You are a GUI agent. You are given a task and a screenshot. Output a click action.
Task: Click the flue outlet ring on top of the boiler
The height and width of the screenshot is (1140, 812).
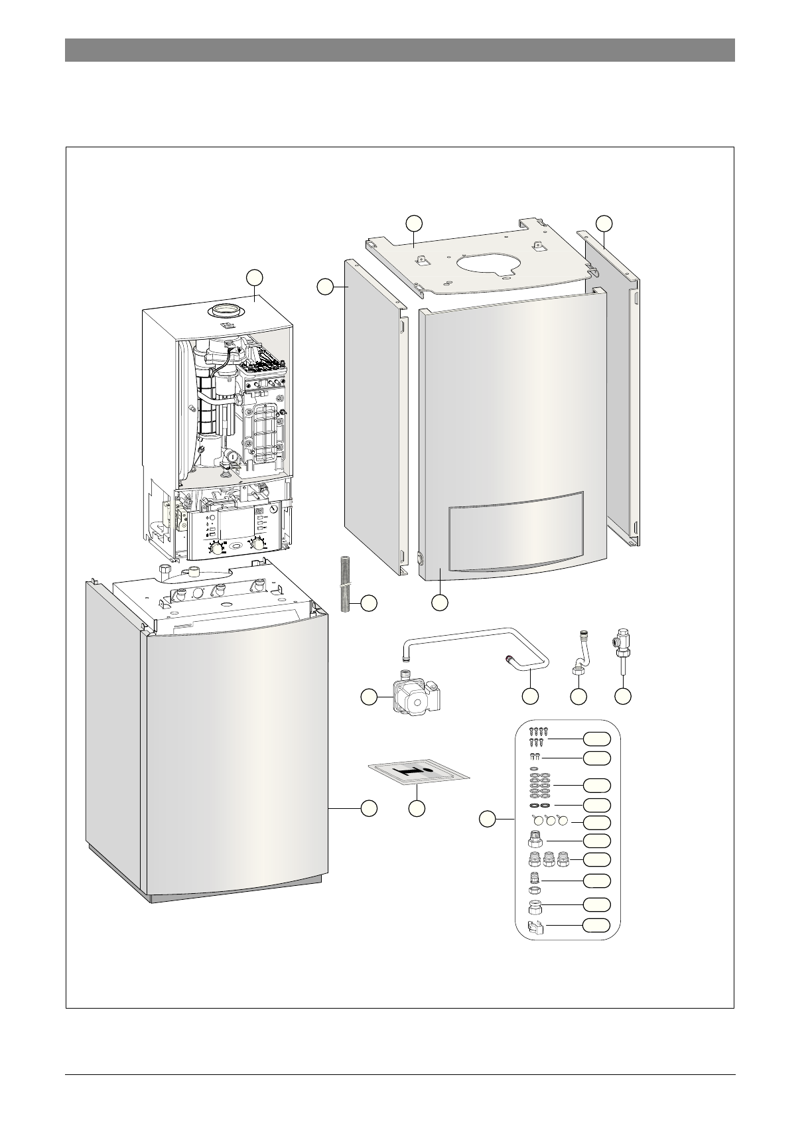coord(225,311)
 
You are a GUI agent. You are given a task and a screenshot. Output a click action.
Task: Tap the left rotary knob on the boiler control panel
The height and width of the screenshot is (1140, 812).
coord(217,547)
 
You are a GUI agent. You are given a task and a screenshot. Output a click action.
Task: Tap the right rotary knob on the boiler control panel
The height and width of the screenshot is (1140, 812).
coord(257,545)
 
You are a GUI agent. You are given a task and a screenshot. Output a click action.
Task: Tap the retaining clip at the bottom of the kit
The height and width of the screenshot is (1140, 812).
coord(535,927)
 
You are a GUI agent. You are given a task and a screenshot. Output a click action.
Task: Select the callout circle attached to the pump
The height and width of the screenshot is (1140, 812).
coord(369,697)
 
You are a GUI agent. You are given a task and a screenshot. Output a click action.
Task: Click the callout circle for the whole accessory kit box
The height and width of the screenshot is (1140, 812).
coord(488,819)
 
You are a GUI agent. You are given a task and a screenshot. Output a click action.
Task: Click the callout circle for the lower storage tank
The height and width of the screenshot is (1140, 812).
coord(369,808)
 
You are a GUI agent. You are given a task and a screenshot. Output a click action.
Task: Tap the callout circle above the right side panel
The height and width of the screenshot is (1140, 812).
coord(604,223)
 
